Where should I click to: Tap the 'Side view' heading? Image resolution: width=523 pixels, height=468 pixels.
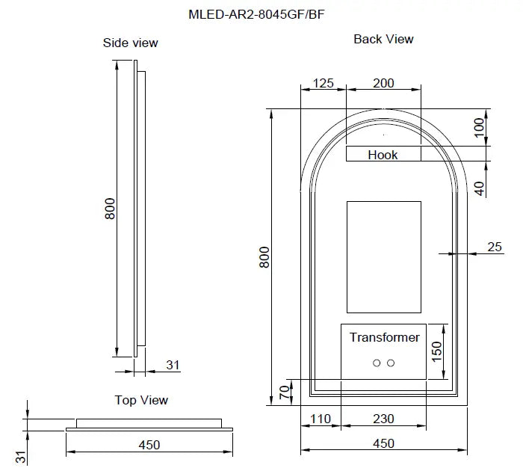130,43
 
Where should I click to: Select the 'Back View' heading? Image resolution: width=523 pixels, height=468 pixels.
383,39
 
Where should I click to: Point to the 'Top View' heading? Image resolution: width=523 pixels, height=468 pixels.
141,400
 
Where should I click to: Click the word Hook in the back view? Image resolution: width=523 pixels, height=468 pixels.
383,155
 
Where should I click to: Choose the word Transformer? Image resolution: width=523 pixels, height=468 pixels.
384,337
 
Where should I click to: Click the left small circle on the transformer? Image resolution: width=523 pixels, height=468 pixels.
377,363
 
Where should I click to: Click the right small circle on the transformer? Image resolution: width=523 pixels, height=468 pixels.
391,363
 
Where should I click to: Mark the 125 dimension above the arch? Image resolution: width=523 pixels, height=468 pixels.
323,83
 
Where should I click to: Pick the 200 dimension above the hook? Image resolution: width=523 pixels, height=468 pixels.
383,83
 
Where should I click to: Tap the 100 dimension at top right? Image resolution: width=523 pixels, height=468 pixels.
480,127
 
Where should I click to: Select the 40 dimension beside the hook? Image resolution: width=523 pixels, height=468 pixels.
480,186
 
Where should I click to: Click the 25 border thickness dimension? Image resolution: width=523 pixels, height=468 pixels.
494,246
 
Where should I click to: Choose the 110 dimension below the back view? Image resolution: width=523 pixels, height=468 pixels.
321,420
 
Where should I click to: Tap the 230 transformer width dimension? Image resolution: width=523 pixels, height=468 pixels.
383,420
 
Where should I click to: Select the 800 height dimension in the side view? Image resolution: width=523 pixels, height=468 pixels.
110,208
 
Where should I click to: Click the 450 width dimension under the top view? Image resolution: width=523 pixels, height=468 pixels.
149,445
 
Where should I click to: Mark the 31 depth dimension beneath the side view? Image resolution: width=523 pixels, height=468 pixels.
173,365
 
